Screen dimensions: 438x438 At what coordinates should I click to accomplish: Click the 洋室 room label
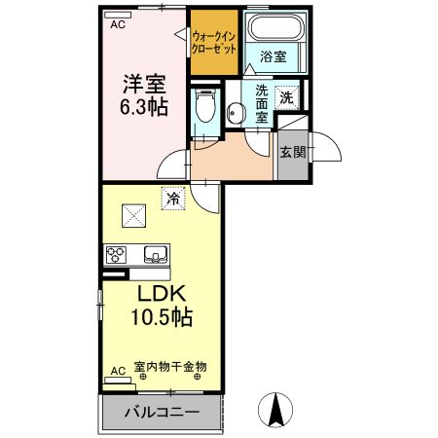(x=143, y=84)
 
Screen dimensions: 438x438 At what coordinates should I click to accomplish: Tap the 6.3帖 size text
(x=143, y=106)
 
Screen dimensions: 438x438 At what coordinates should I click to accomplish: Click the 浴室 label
(x=273, y=57)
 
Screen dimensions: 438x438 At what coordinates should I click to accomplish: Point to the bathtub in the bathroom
(x=274, y=27)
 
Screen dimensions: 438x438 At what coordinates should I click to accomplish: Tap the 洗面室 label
(x=262, y=102)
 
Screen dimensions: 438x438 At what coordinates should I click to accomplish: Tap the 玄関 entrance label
(x=291, y=153)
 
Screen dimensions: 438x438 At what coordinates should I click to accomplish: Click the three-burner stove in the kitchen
(x=117, y=256)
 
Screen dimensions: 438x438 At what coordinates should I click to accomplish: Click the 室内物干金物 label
(x=170, y=367)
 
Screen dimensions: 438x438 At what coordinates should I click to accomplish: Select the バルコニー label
(x=162, y=413)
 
